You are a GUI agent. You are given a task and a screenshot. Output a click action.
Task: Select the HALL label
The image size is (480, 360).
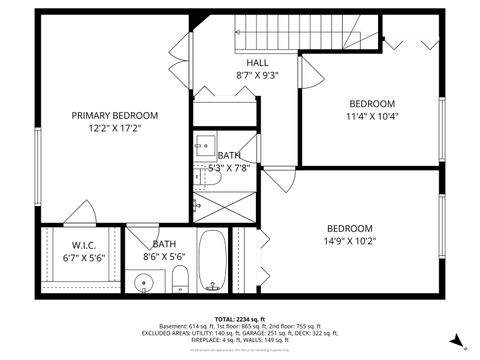(256, 61)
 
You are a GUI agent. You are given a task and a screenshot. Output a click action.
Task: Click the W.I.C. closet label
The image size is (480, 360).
(83, 244)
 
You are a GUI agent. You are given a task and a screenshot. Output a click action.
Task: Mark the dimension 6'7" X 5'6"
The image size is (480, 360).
(83, 257)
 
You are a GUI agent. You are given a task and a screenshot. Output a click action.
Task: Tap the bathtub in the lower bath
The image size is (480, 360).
(212, 262)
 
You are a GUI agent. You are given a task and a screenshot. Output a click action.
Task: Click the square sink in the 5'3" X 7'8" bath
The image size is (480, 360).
(203, 143)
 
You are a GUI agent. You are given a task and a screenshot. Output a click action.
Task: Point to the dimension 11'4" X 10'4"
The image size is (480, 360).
(371, 117)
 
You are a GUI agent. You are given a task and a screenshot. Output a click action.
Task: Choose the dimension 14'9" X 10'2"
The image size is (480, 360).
(349, 241)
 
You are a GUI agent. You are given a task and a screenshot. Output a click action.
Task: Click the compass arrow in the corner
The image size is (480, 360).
(455, 339)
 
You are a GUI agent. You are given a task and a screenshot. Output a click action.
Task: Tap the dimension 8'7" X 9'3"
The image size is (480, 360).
(256, 75)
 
